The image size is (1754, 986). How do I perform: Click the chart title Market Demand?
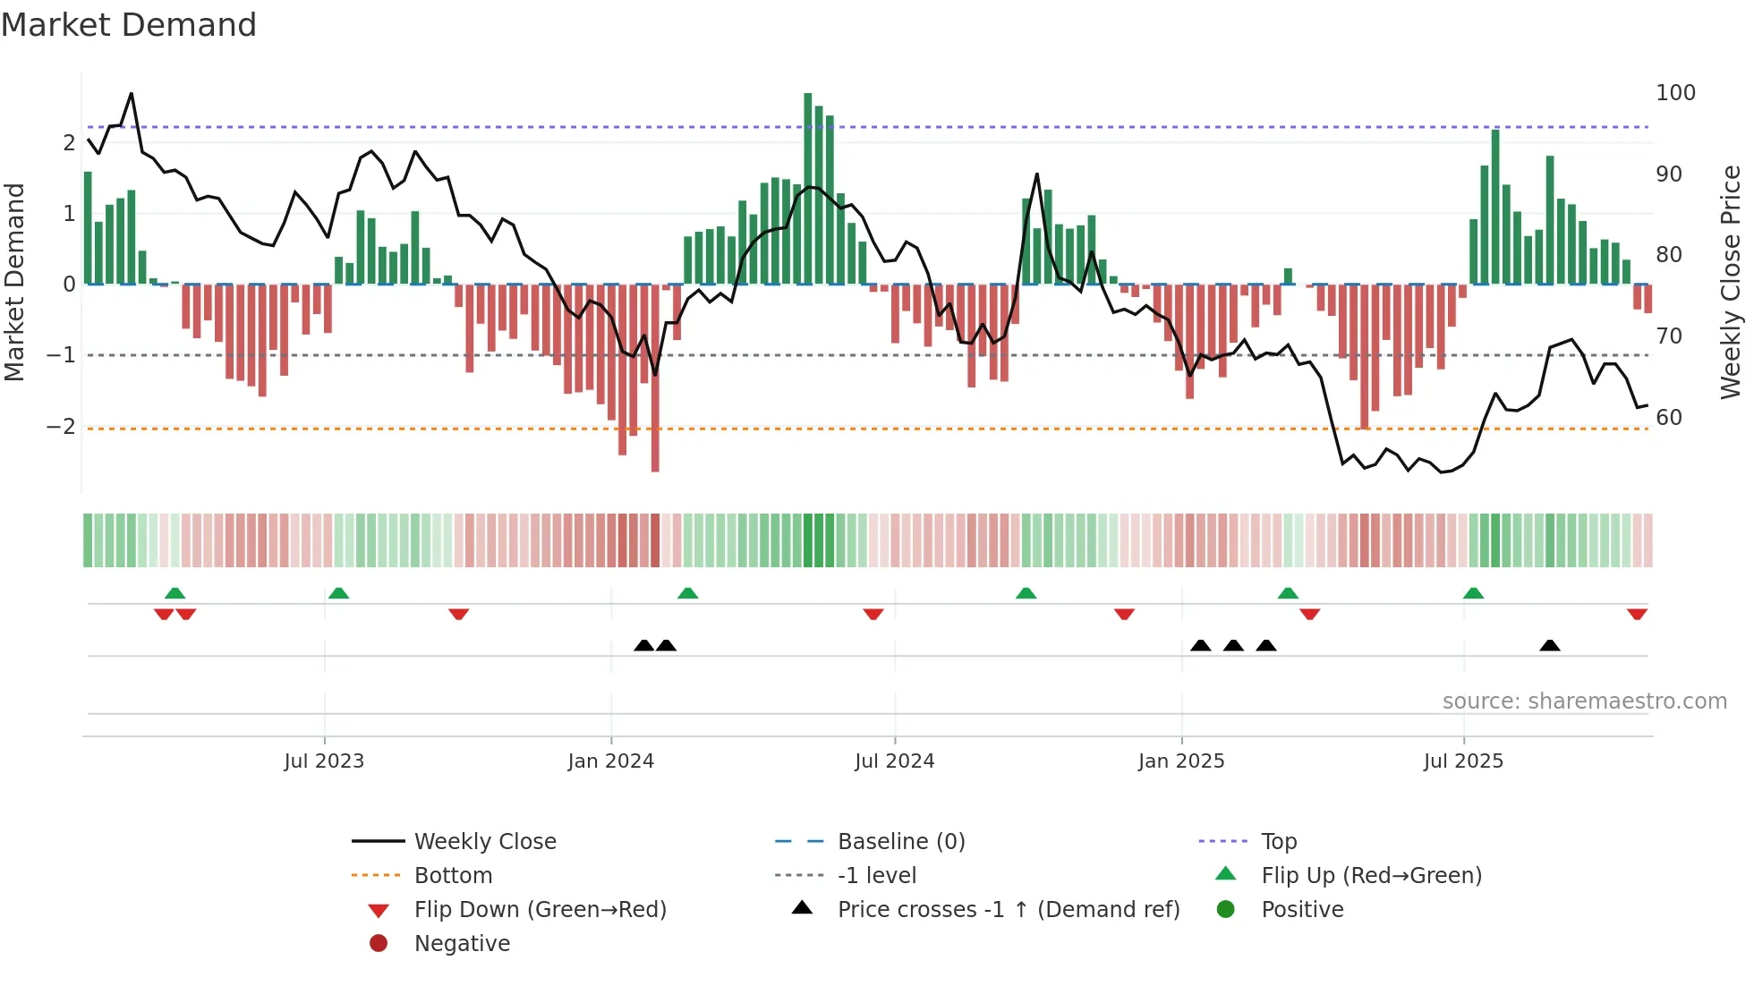point(129,25)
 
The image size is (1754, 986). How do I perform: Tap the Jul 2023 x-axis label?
point(324,761)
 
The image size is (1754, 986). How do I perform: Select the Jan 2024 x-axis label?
point(611,761)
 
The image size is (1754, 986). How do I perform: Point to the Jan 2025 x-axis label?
point(1181,761)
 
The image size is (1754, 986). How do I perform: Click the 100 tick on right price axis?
point(1675,93)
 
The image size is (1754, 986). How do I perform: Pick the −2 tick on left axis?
point(61,427)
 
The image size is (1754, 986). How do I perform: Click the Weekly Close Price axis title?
point(1731,282)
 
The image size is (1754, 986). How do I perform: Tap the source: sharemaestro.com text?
point(1584,701)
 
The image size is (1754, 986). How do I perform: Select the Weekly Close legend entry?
point(484,842)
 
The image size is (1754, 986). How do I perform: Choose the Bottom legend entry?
point(453,876)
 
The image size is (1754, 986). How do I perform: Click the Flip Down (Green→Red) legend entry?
point(540,910)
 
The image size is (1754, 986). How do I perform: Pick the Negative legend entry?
point(462,944)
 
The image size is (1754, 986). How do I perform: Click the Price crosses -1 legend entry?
point(1008,910)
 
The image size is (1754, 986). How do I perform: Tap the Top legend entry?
point(1279,842)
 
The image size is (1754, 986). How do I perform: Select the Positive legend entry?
point(1302,910)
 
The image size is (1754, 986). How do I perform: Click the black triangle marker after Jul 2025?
point(1550,645)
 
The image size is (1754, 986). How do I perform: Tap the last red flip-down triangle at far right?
point(1637,615)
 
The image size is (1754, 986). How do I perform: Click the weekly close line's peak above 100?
point(132,94)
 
